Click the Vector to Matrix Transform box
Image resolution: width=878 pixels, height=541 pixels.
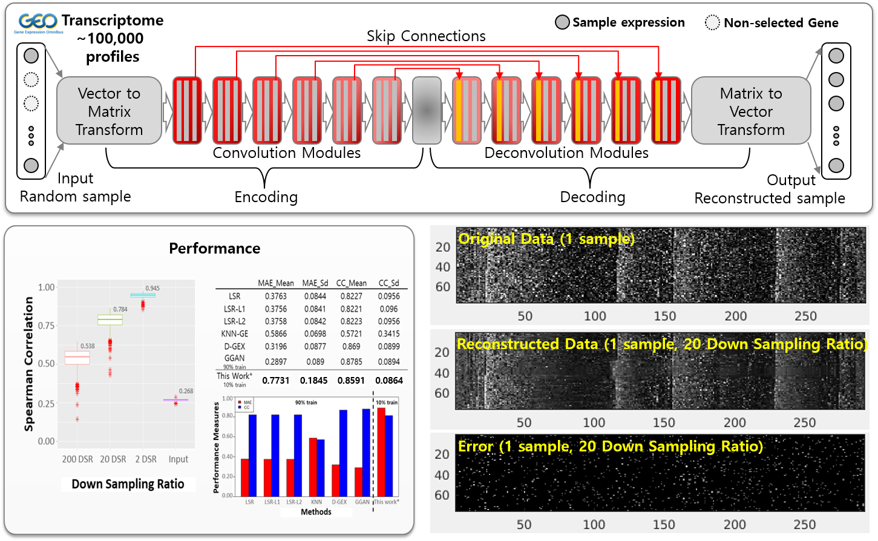109,111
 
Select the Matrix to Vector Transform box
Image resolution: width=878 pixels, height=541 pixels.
750,111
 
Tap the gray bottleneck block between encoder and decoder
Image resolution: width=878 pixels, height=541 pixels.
427,110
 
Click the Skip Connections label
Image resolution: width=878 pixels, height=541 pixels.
426,36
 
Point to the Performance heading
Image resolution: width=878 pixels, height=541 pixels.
214,248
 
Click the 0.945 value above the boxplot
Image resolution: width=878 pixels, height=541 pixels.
152,288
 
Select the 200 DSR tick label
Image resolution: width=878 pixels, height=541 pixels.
77,459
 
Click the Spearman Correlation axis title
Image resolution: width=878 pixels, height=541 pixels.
28,364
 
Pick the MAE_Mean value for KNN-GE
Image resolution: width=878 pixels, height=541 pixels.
275,333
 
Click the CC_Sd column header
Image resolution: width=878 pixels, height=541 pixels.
388,283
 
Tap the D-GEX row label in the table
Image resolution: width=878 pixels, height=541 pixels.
234,346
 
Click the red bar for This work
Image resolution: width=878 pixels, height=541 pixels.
381,451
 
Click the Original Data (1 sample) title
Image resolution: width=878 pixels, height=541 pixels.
546,239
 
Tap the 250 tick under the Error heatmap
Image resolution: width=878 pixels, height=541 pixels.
804,524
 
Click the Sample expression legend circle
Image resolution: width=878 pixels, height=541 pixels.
562,23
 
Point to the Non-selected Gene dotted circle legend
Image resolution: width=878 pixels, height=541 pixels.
712,23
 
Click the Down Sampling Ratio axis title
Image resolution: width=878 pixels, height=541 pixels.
128,484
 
